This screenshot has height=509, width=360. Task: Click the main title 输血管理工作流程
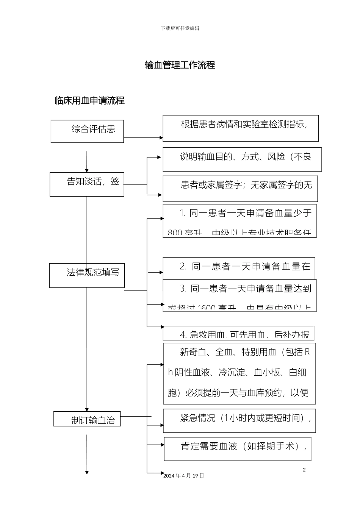click(x=180, y=65)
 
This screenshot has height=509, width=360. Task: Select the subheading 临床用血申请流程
click(x=89, y=101)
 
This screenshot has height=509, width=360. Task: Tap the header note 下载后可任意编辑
click(x=180, y=28)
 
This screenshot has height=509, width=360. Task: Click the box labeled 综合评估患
click(x=87, y=131)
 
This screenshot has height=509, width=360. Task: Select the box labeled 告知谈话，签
click(x=87, y=184)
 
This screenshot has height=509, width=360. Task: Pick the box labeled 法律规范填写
click(x=87, y=275)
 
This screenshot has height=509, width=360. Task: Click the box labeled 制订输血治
click(x=87, y=419)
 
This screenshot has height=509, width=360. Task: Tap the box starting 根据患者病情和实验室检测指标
click(x=241, y=128)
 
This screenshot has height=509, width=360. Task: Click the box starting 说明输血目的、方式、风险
click(x=242, y=159)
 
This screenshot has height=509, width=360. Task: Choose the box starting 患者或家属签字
click(x=240, y=188)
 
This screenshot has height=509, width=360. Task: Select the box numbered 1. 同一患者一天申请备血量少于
click(x=239, y=221)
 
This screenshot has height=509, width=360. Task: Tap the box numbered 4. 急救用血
click(x=238, y=333)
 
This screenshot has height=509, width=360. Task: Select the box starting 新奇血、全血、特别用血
click(x=239, y=373)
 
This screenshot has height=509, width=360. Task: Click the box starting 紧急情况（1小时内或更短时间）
click(x=239, y=420)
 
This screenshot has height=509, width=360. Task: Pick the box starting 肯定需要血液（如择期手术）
click(x=238, y=449)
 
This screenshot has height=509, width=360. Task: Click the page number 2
click(x=304, y=470)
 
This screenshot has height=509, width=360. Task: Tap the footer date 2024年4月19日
click(x=184, y=476)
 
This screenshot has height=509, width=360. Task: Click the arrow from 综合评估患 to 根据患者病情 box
click(x=143, y=138)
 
